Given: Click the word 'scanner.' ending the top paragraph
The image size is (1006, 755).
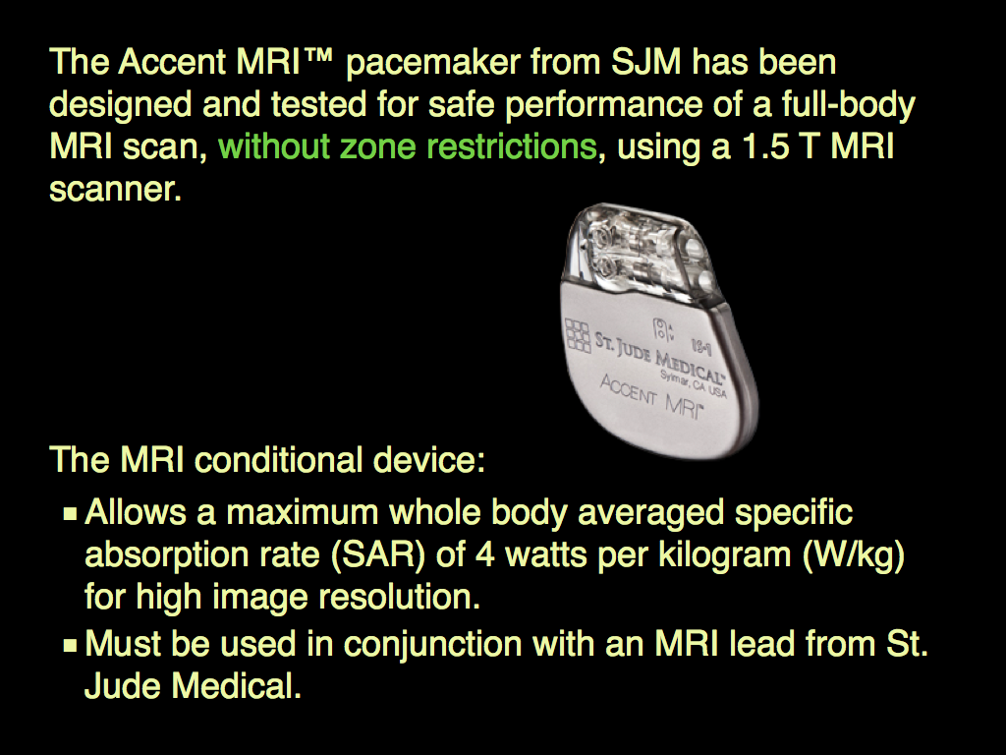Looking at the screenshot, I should (116, 189).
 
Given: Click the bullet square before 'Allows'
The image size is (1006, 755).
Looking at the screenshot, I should (71, 514).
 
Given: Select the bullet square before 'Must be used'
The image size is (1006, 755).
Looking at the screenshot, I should (71, 647).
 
